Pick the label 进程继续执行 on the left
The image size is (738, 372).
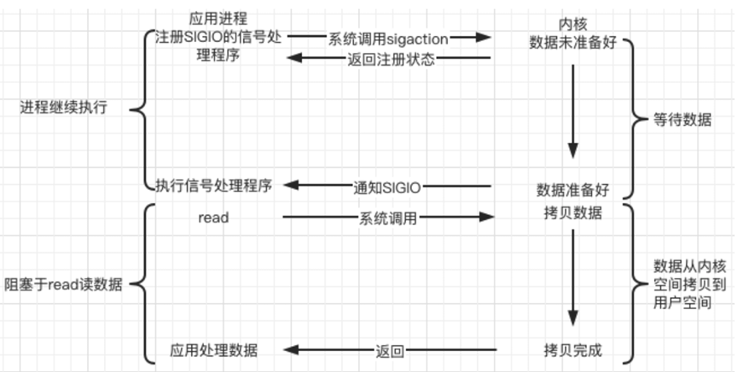[x=64, y=109]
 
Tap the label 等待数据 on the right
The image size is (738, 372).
[x=683, y=119]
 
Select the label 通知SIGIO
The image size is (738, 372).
[x=387, y=187]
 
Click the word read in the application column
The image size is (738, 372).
[x=213, y=217]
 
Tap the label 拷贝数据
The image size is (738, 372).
[x=573, y=212]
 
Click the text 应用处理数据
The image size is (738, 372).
[x=214, y=349]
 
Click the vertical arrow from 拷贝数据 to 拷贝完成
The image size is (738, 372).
[x=573, y=277]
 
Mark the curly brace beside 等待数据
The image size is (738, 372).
[x=631, y=118]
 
